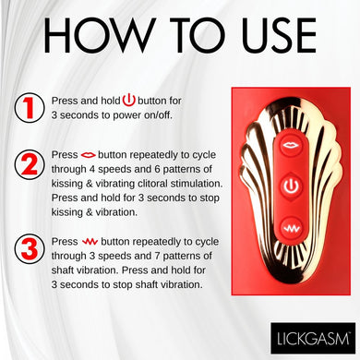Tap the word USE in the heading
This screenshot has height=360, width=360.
pyautogui.click(x=279, y=35)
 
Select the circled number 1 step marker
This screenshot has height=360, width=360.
pyautogui.click(x=30, y=108)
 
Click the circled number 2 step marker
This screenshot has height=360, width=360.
pyautogui.click(x=30, y=165)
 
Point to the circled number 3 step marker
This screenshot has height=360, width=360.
pyautogui.click(x=30, y=249)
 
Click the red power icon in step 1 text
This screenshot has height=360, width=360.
pyautogui.click(x=129, y=101)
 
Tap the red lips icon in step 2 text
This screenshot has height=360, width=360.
pyautogui.click(x=89, y=155)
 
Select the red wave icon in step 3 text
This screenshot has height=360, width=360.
pyautogui.click(x=90, y=242)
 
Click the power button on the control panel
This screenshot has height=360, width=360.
pyautogui.click(x=291, y=186)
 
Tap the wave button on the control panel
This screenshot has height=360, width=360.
pyautogui.click(x=291, y=229)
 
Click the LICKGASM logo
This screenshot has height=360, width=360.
pyautogui.click(x=313, y=338)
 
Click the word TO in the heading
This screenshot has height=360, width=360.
pyautogui.click(x=196, y=35)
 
